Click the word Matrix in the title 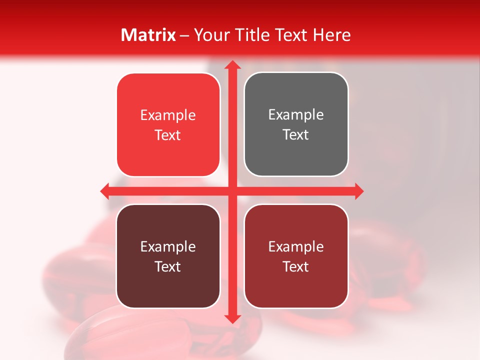coord(148,35)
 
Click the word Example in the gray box coord(296,115)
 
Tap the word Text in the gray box coord(296,135)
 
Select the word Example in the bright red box coord(168,115)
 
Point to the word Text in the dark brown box coord(168,266)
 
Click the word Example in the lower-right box coord(296,246)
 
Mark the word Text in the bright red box coord(168,135)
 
